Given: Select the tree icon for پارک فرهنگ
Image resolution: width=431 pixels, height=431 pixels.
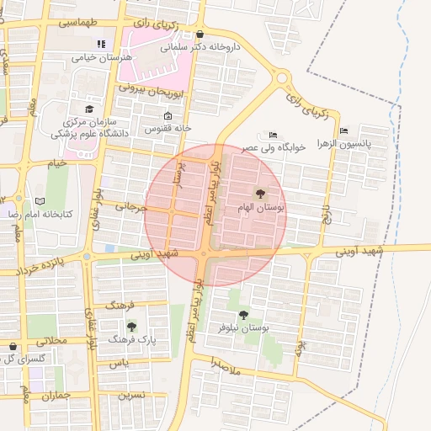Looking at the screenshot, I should (x=130, y=326).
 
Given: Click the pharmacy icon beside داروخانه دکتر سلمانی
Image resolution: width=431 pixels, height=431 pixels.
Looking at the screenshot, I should (x=200, y=35).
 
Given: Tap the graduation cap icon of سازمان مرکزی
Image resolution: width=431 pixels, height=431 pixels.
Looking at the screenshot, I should (x=89, y=109).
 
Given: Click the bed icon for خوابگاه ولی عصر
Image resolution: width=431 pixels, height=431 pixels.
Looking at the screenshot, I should (x=272, y=135).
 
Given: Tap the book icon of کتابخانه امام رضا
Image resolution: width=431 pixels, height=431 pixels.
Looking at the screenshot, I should (x=40, y=201).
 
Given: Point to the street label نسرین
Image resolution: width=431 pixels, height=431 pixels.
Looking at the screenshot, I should (x=130, y=394).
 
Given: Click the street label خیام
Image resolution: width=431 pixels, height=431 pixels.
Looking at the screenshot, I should (x=57, y=162).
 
